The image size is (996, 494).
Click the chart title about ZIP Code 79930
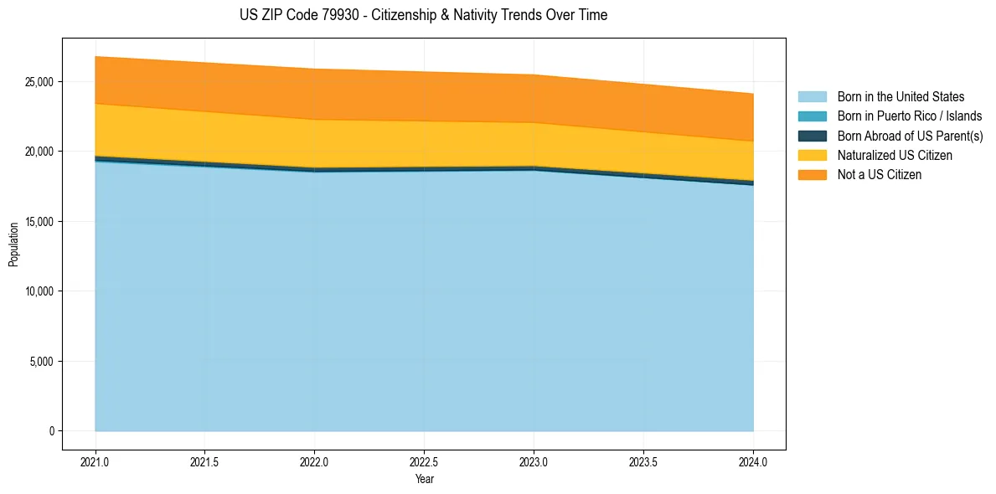coord(423,15)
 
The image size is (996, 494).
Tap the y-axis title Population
coord(13,244)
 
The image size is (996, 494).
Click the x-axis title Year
coord(424,480)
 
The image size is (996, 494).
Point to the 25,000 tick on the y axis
coord(39,82)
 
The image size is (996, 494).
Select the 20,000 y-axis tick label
coord(39,152)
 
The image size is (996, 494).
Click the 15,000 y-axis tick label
coord(39,222)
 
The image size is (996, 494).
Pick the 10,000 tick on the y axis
coord(39,291)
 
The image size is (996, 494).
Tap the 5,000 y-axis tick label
coord(42,362)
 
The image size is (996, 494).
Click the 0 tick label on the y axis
coord(52,431)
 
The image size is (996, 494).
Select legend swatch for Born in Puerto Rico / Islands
coord(812,116)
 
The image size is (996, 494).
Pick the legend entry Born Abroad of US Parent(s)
coord(910,136)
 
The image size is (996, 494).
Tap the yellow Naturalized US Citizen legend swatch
coord(812,156)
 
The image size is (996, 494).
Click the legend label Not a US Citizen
coord(879,175)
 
